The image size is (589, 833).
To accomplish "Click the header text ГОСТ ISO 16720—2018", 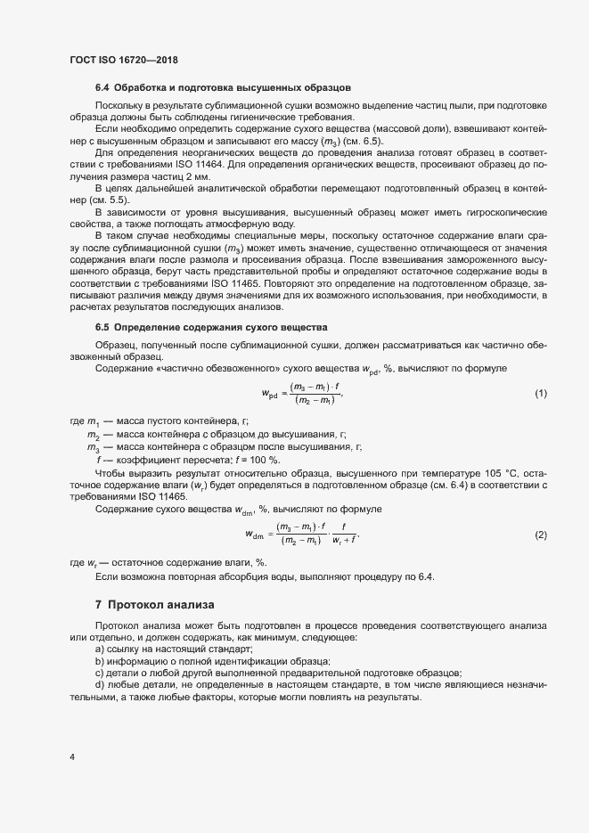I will pos(124,60).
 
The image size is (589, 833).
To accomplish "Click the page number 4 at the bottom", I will pos(71,758).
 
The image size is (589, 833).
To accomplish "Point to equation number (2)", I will pos(540,535).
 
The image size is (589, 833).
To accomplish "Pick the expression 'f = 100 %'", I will pos(262,459).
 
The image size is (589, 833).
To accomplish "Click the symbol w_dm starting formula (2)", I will pos(257,535).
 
